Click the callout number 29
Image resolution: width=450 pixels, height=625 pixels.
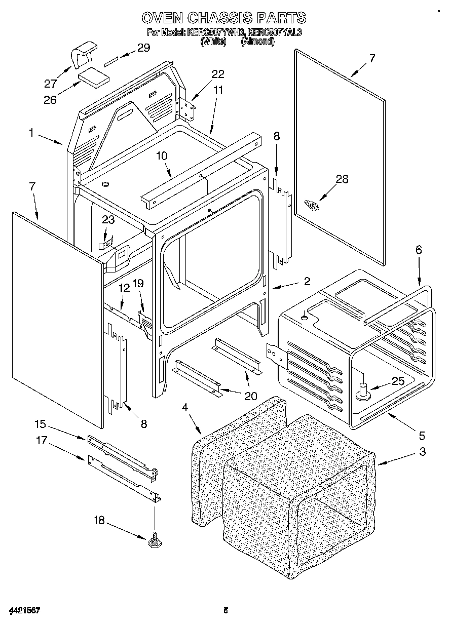pyautogui.click(x=144, y=48)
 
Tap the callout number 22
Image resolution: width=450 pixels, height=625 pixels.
pyautogui.click(x=217, y=74)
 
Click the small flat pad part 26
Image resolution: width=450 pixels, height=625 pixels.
pyautogui.click(x=94, y=76)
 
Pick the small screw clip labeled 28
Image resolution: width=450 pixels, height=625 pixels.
pyautogui.click(x=311, y=205)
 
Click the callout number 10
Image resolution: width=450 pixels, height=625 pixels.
pyautogui.click(x=161, y=156)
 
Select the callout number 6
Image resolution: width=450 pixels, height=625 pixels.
pyautogui.click(x=419, y=250)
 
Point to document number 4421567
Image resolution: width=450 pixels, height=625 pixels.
pyautogui.click(x=24, y=610)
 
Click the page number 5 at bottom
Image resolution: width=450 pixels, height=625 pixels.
pyautogui.click(x=226, y=610)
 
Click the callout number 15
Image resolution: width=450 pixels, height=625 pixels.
pyautogui.click(x=41, y=423)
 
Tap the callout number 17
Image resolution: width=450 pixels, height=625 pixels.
pyautogui.click(x=41, y=441)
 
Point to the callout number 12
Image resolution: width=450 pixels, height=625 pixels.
pyautogui.click(x=124, y=288)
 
